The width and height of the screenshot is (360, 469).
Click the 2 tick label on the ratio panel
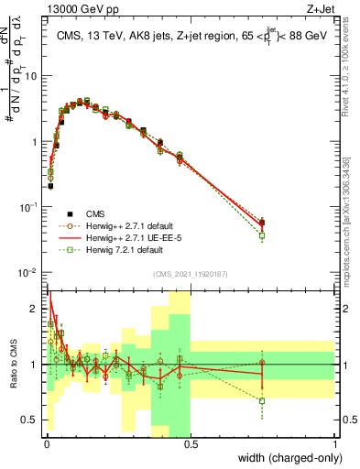tap(36, 309)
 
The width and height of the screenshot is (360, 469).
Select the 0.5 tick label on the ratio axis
tap(32, 420)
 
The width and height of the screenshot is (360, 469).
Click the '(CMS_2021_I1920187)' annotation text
tap(190, 273)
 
